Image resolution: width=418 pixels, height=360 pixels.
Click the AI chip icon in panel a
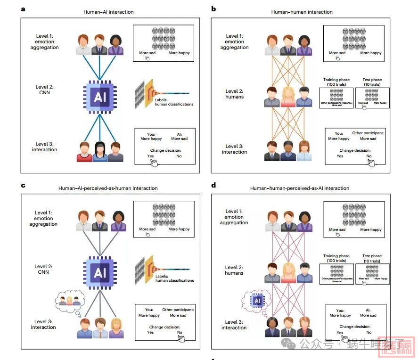tap(100, 97)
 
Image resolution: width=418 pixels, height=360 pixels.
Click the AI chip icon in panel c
tap(100, 273)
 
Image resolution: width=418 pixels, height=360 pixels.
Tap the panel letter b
tap(213, 9)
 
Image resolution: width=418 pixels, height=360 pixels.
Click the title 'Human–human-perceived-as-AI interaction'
tap(300, 188)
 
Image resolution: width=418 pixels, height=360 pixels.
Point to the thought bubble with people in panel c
tap(70, 301)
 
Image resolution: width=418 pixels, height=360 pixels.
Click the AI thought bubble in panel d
tap(257, 300)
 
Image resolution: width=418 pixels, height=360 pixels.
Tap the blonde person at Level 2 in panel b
tap(288, 97)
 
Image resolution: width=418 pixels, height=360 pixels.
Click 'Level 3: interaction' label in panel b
tap(234, 149)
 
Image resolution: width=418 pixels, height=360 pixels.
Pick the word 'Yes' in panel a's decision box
tap(150, 156)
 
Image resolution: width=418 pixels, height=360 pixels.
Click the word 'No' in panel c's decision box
tap(180, 332)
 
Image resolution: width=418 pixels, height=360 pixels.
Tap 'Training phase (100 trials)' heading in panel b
tap(336, 82)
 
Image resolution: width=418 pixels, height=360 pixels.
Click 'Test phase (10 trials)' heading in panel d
tap(372, 259)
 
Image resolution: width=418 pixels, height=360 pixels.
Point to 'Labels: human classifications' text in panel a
tap(173, 102)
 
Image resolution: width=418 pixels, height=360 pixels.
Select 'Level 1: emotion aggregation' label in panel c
tap(44, 218)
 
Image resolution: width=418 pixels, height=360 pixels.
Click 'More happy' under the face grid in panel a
tap(179, 53)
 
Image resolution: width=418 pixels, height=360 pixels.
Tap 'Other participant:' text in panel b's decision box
tap(368, 133)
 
